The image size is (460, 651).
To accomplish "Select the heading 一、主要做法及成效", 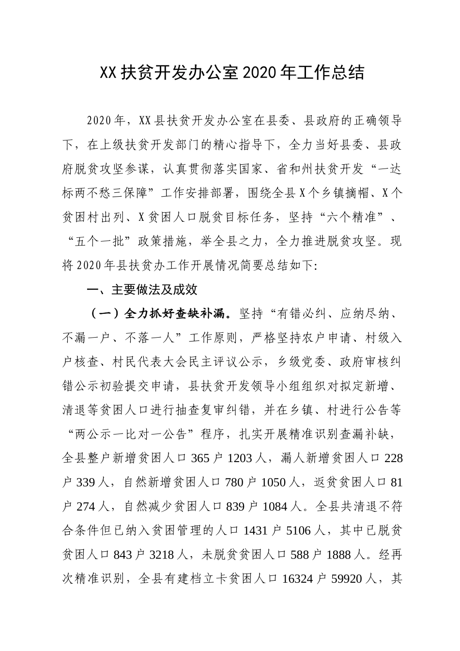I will click(x=141, y=290).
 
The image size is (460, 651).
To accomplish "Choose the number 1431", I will click(x=257, y=530).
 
